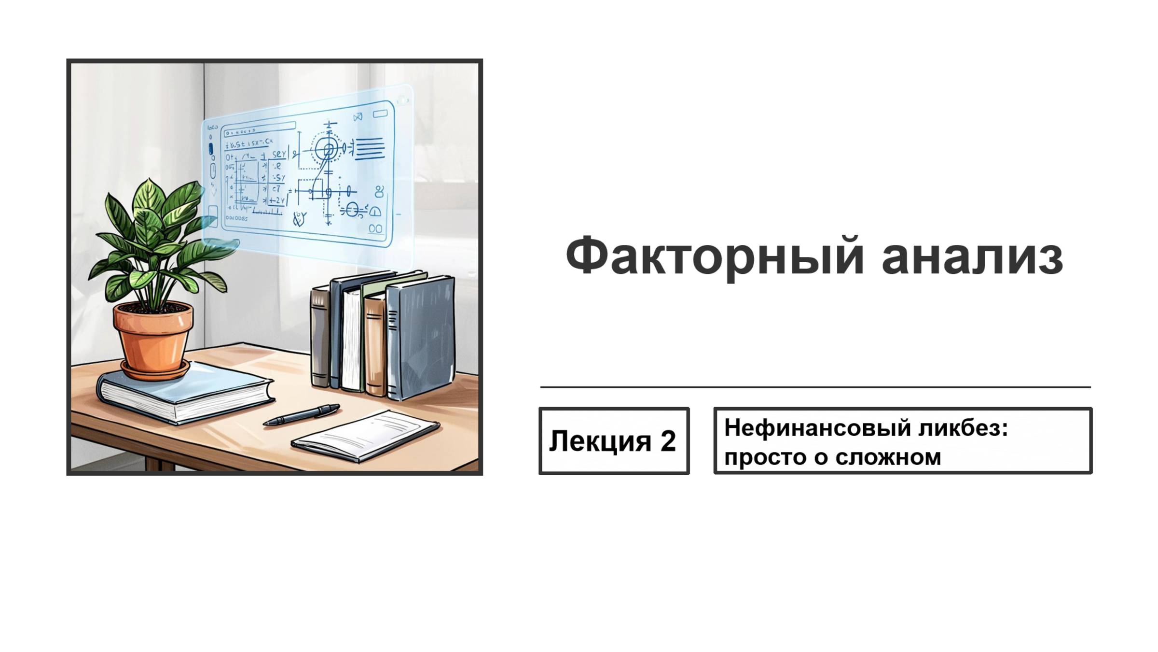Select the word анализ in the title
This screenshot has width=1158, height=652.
click(x=972, y=257)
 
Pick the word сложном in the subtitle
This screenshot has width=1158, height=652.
click(x=888, y=457)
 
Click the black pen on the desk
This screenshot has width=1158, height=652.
click(x=302, y=415)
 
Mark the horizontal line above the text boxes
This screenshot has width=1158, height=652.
click(x=815, y=387)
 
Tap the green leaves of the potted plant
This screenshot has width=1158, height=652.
click(x=154, y=232)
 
